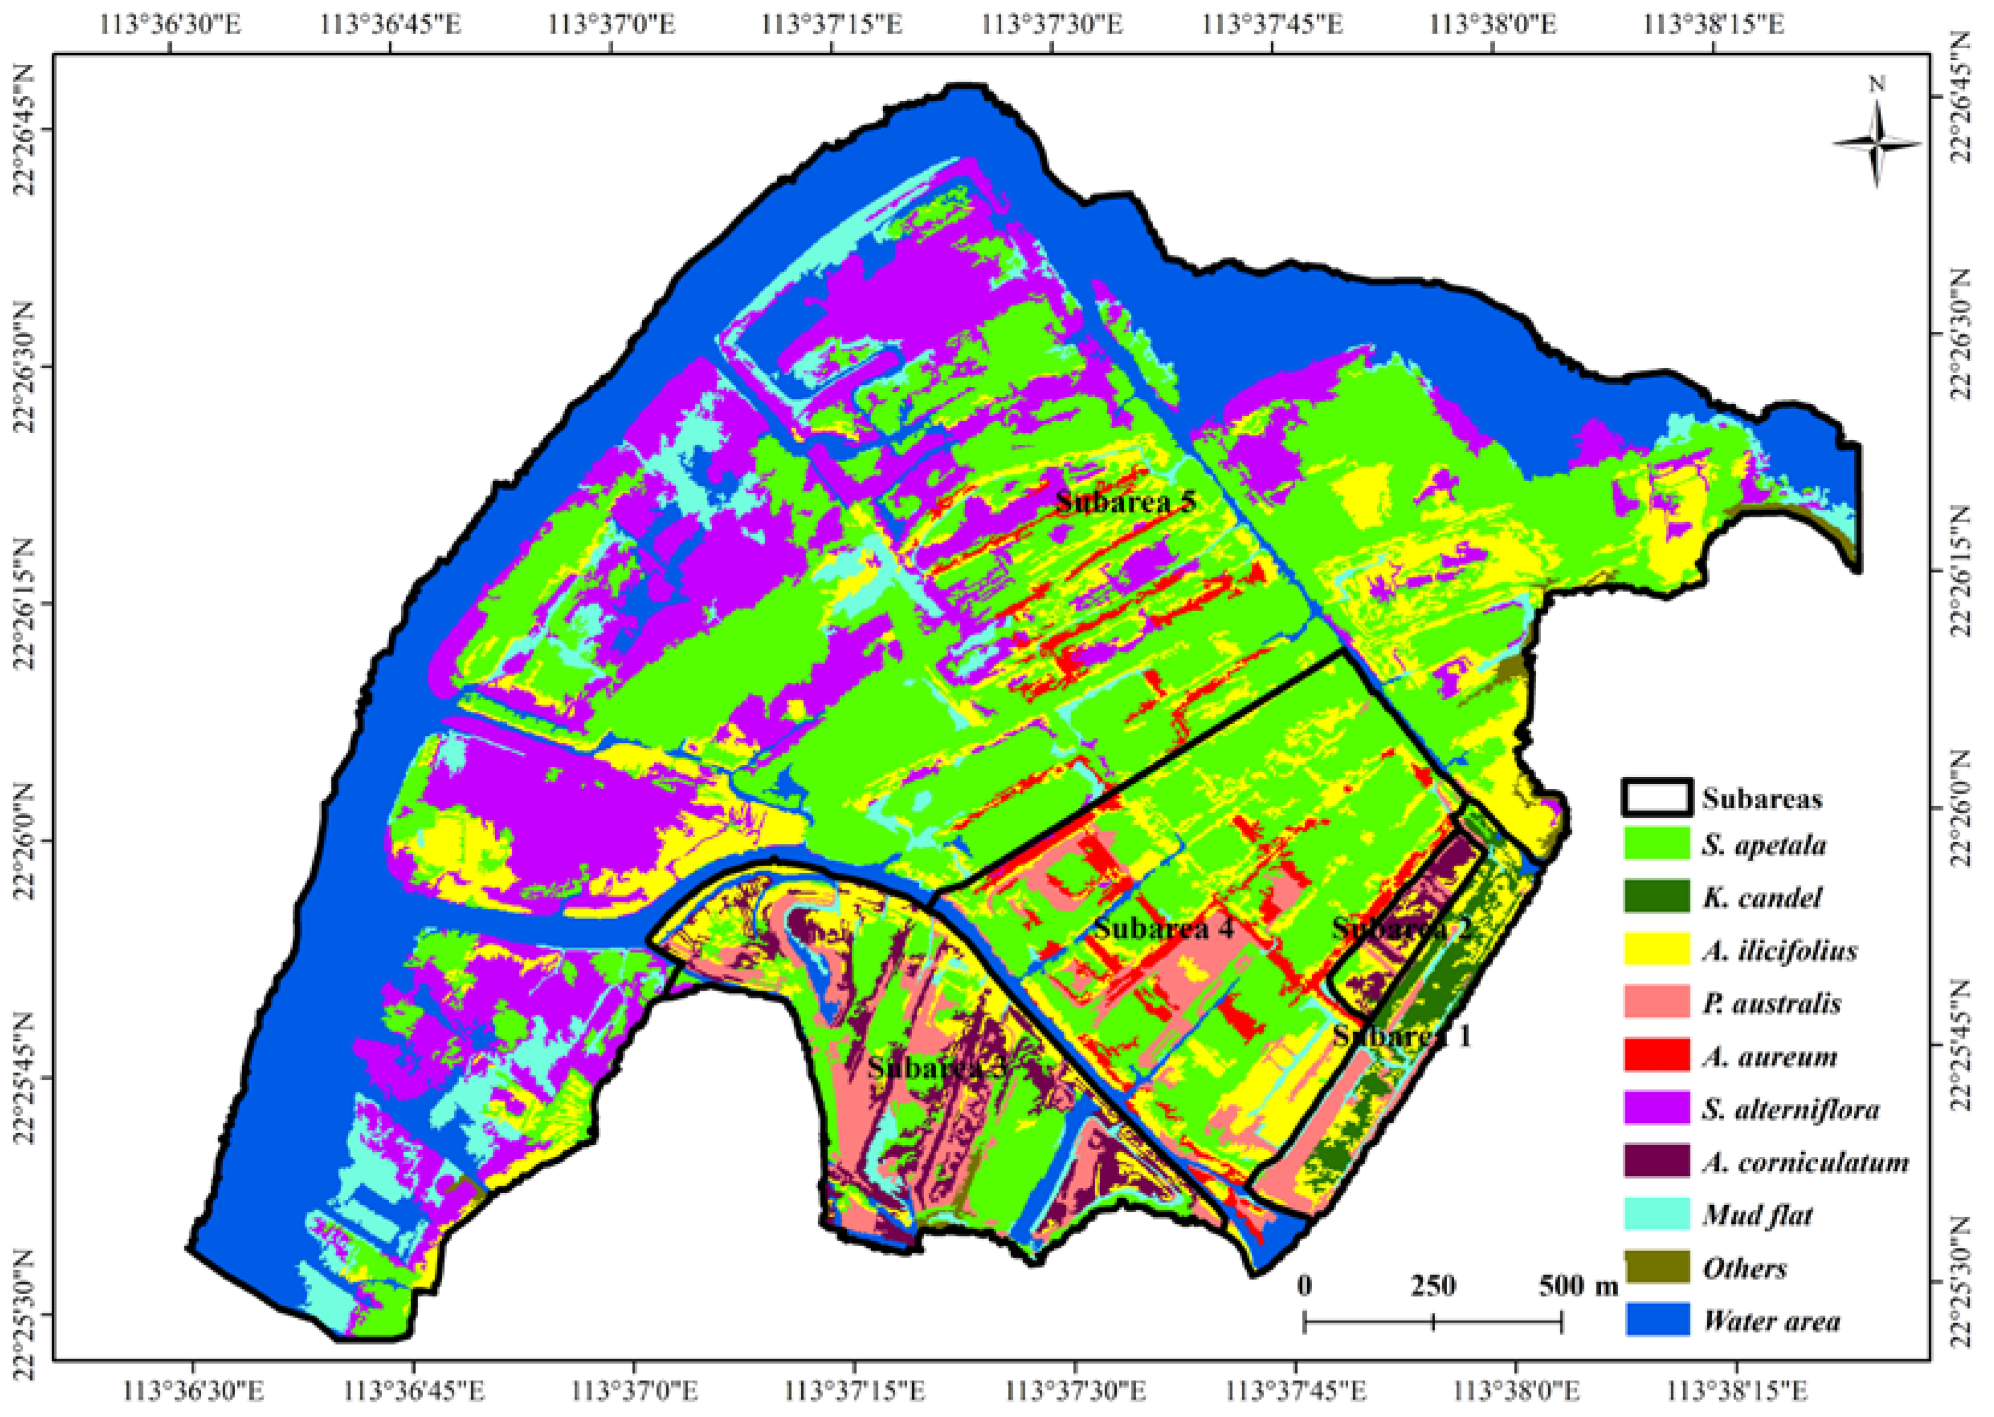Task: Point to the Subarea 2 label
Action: pyautogui.click(x=1403, y=929)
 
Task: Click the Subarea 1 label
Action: pyautogui.click(x=1401, y=1036)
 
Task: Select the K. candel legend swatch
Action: pyautogui.click(x=1656, y=897)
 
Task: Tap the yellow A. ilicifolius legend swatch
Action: pyautogui.click(x=1656, y=950)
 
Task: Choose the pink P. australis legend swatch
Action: pyautogui.click(x=1656, y=1003)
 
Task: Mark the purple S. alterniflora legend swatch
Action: pyautogui.click(x=1656, y=1109)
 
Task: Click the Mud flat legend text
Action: pyautogui.click(x=1757, y=1215)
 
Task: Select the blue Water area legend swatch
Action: pyautogui.click(x=1656, y=1320)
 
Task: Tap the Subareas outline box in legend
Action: pyautogui.click(x=1656, y=797)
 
